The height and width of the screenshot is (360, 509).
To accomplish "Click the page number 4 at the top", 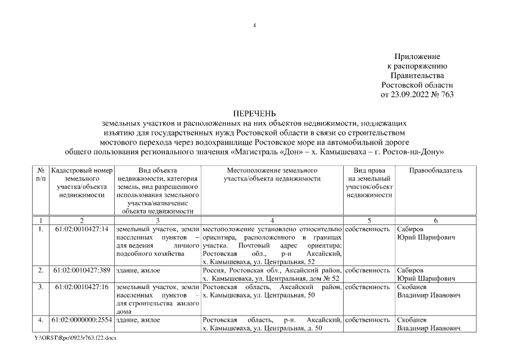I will click(x=254, y=25).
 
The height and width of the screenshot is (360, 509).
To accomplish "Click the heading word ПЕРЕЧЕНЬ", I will click(x=254, y=113).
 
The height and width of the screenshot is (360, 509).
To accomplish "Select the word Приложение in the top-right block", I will click(x=417, y=57).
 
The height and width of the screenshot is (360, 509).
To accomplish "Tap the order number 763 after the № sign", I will click(x=447, y=94).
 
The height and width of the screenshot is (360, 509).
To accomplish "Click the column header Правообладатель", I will click(x=436, y=170).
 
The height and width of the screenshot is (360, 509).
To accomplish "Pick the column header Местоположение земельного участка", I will click(x=272, y=174).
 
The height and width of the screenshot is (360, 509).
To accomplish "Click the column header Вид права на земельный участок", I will click(x=369, y=182).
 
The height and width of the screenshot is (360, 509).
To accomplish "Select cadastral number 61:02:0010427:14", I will click(x=82, y=229).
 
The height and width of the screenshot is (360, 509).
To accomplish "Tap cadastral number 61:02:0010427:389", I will click(x=82, y=270).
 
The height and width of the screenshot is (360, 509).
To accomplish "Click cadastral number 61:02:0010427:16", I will click(x=82, y=287).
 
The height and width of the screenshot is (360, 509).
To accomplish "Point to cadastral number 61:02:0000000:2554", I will click(x=82, y=320).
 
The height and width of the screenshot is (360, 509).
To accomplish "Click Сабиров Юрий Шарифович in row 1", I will click(x=426, y=233).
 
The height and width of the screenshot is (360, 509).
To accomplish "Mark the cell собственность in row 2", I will click(x=368, y=270).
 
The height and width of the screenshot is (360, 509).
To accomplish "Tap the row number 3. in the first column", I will click(x=40, y=287).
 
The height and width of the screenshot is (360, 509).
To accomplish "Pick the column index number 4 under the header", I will click(x=272, y=220).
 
